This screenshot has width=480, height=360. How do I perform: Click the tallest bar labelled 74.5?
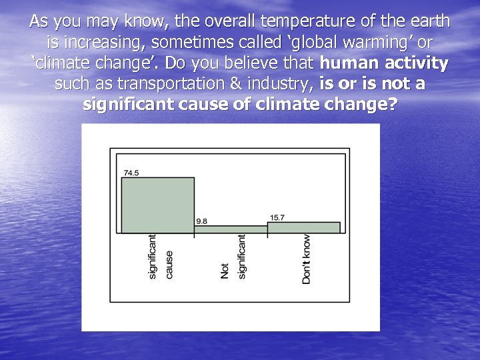(x=157, y=205)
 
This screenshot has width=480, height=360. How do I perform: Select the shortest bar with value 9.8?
(x=231, y=229)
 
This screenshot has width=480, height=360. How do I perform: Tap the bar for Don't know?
(x=303, y=227)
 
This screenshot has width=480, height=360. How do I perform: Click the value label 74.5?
(x=131, y=173)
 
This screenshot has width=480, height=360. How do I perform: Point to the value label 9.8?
(x=201, y=221)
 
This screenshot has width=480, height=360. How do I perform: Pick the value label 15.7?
(x=277, y=217)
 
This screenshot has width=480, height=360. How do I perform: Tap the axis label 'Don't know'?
(x=306, y=259)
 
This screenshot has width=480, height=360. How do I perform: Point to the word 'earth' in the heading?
(x=429, y=21)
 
